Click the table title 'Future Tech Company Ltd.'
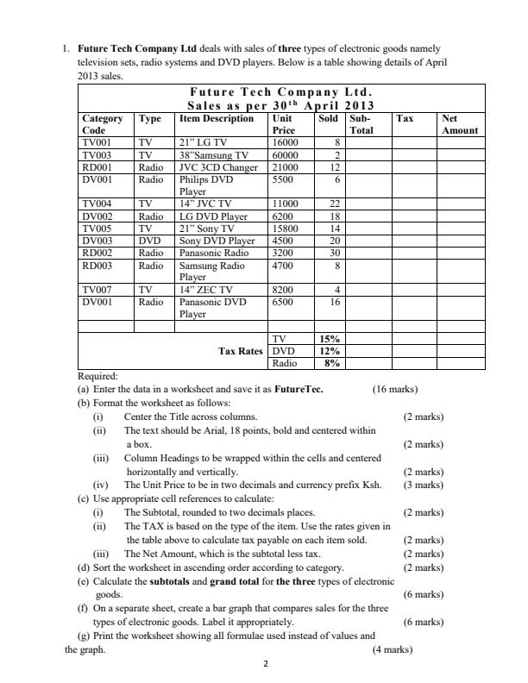tap(281, 92)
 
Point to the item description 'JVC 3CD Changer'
tap(217, 166)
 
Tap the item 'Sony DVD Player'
tap(216, 241)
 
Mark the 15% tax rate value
tap(330, 339)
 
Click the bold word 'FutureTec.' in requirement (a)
tap(299, 389)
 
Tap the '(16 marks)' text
tap(394, 389)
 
